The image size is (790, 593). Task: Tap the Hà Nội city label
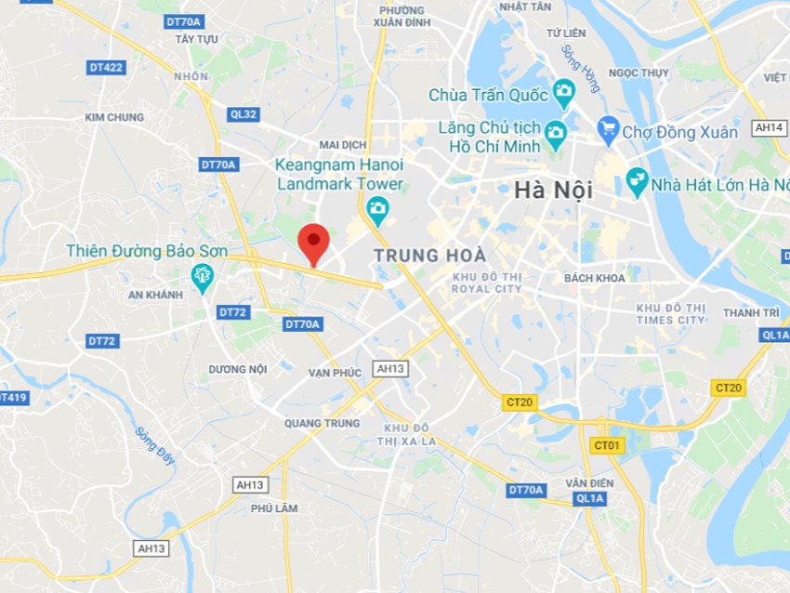click(553, 191)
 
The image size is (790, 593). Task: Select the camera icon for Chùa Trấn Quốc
click(563, 93)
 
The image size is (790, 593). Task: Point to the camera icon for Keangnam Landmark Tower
click(376, 210)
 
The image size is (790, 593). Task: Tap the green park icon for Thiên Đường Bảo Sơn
click(202, 276)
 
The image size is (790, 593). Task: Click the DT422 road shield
click(106, 67)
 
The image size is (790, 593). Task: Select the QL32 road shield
click(243, 114)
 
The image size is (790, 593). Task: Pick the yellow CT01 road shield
click(606, 446)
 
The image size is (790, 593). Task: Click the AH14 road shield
click(770, 128)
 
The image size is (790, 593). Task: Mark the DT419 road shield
click(11, 398)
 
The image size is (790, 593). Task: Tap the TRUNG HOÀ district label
click(429, 255)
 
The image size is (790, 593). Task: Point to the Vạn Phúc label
click(335, 373)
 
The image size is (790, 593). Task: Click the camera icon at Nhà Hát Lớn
click(637, 181)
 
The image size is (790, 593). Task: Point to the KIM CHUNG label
click(114, 117)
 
